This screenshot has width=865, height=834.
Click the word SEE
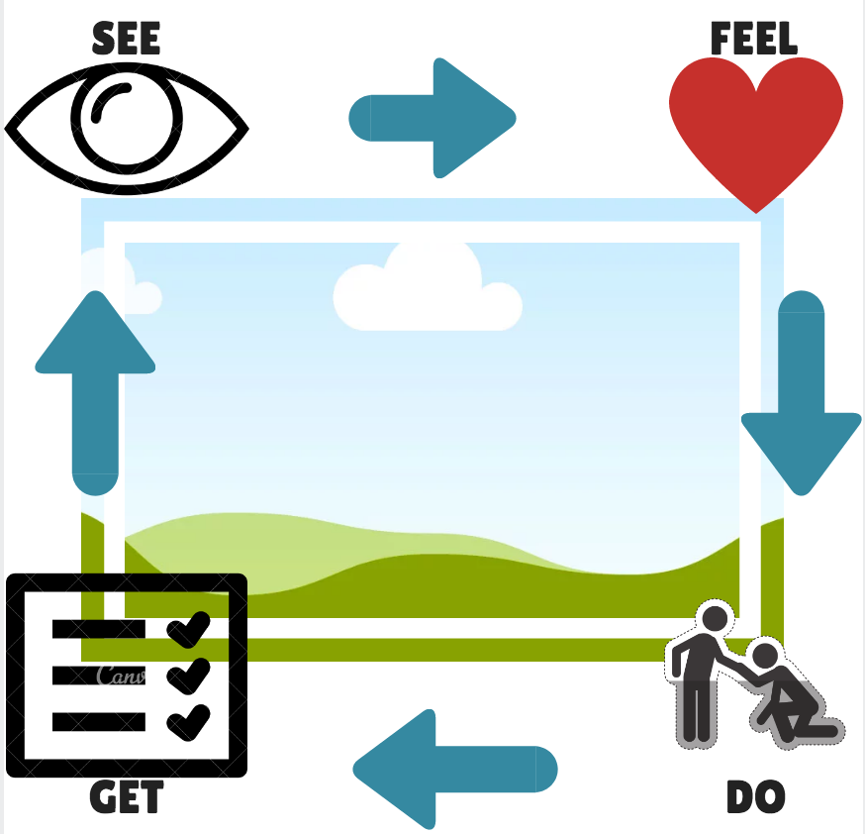126,39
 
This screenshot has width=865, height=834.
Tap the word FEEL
754,40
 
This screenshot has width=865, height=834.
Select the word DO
755,797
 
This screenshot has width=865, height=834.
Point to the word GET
126,797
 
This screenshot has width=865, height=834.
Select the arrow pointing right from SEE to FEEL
433,118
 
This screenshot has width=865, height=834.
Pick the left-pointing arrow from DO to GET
454,769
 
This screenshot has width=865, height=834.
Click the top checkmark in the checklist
188,629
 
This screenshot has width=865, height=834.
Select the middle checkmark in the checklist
188,676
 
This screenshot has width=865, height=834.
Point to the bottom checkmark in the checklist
188,721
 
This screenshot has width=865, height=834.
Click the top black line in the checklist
99,629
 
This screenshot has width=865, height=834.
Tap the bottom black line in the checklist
99,722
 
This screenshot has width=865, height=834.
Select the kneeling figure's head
764,656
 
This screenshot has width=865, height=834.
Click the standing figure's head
715,618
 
